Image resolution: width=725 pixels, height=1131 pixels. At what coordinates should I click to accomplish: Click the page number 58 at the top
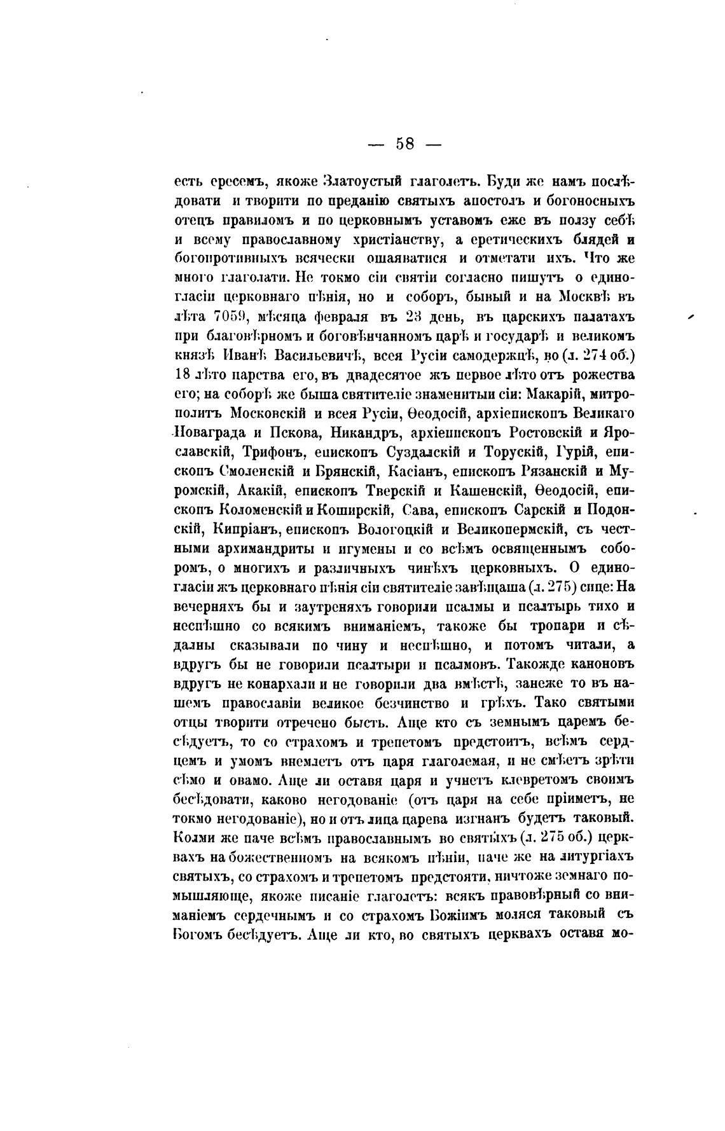[x=405, y=144]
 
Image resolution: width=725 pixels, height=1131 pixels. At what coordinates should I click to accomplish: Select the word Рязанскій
[x=555, y=471]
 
